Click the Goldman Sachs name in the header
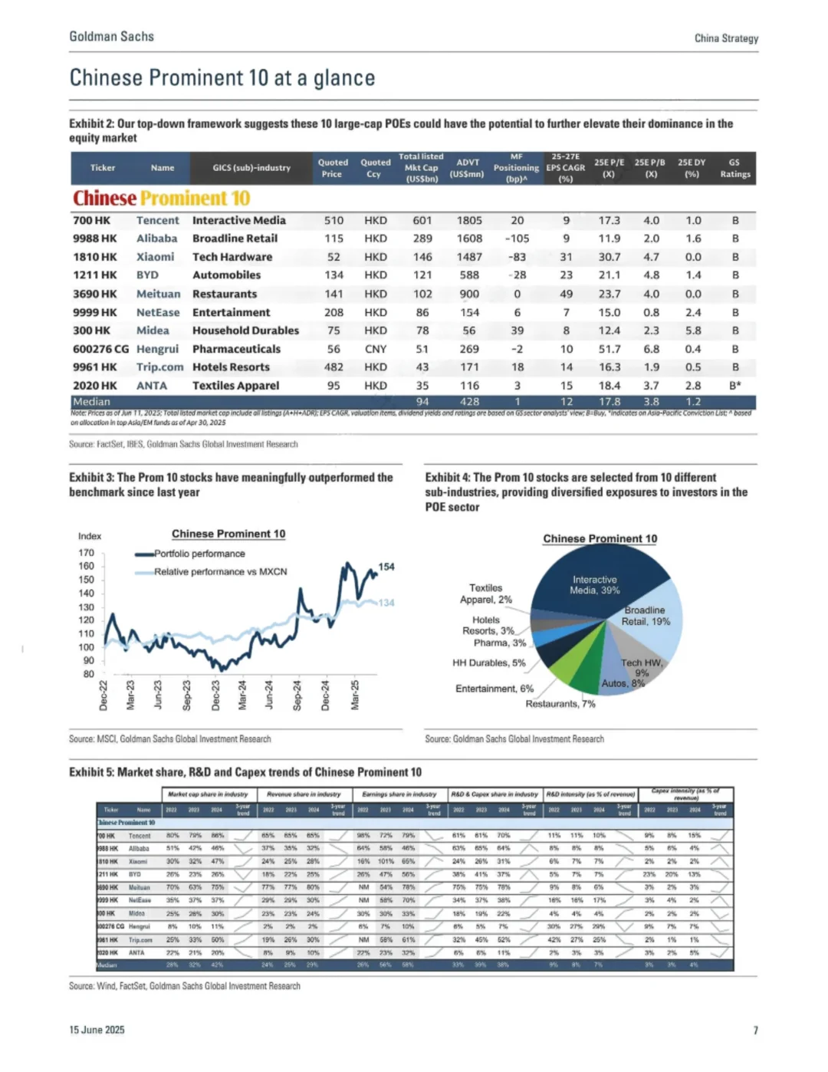pos(111,37)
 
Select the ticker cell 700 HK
pos(92,220)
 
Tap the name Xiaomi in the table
pos(155,257)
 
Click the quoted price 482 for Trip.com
pos(333,367)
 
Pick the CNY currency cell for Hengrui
pos(376,349)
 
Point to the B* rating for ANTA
pos(734,386)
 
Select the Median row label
pos(91,402)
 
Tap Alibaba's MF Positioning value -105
pos(517,238)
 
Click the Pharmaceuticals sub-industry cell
pos(236,349)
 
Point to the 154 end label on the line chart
pos(386,567)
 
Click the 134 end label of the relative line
pos(386,603)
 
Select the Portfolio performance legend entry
pos(199,554)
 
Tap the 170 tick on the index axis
pos(86,553)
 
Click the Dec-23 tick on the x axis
pos(215,695)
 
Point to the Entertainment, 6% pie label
pos(495,689)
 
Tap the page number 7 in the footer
pos(755,1030)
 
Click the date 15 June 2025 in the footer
pos(97,1030)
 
